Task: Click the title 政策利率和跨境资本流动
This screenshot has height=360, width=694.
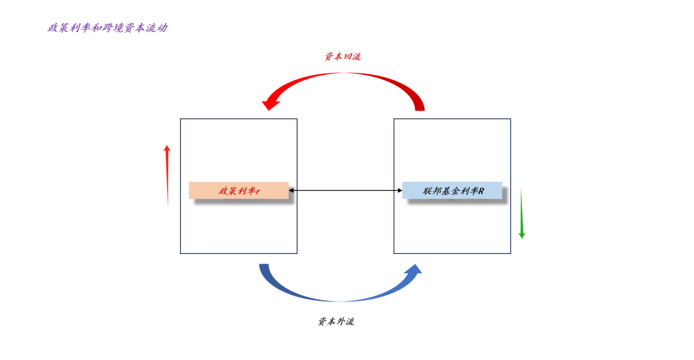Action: pyautogui.click(x=107, y=28)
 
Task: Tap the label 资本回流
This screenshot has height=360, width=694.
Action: pyautogui.click(x=343, y=57)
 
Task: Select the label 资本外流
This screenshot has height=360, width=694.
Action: pyautogui.click(x=335, y=321)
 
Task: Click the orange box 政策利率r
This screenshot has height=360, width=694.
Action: pyautogui.click(x=238, y=190)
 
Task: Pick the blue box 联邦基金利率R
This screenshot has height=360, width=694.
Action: pyautogui.click(x=452, y=190)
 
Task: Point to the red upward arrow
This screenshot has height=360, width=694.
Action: pyautogui.click(x=167, y=175)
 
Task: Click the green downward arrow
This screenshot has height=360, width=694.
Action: pyautogui.click(x=521, y=213)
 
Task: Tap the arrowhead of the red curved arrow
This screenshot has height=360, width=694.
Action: pyautogui.click(x=270, y=103)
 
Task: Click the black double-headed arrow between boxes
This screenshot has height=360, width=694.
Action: pyautogui.click(x=345, y=190)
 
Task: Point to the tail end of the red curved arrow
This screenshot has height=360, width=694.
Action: pyautogui.click(x=419, y=107)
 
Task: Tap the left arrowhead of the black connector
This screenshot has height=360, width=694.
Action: pyautogui.click(x=291, y=190)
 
